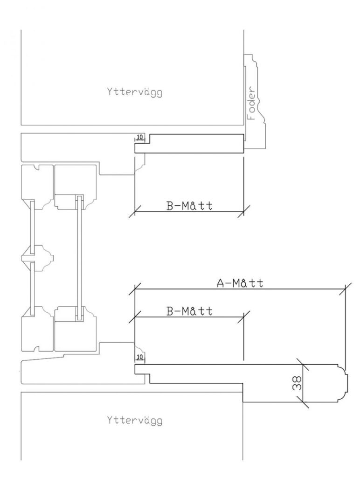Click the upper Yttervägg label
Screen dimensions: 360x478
[x=134, y=92]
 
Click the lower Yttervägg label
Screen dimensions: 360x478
[x=134, y=421]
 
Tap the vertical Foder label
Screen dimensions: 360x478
[x=251, y=103]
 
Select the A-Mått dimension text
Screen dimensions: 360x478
[x=240, y=283]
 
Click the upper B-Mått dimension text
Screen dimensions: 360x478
[x=189, y=206]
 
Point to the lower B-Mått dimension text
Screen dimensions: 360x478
[x=189, y=311]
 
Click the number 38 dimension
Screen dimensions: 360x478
[x=297, y=383]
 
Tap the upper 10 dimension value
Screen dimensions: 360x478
[x=140, y=138]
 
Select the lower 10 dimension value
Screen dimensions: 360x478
[x=140, y=357]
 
